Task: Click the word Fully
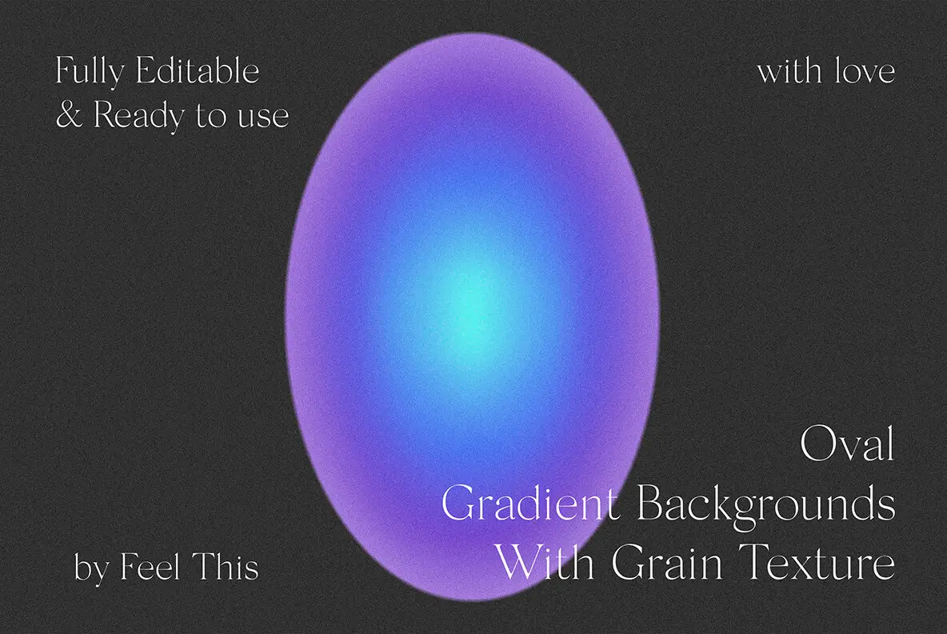pos(90,73)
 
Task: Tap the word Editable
pos(197,71)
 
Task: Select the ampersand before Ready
pos(69,115)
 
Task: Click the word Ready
pos(139,117)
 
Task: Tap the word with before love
pos(787,72)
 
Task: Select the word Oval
pos(847,445)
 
